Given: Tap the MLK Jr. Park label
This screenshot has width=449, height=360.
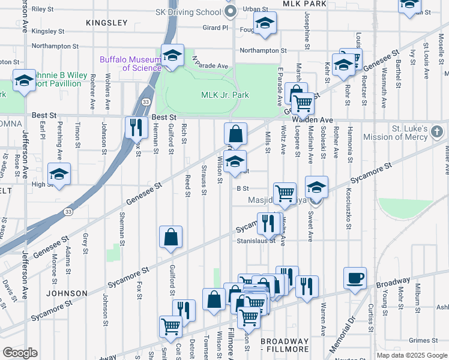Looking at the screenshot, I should click(224, 95).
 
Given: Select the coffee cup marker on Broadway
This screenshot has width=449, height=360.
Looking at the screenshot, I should click(355, 278).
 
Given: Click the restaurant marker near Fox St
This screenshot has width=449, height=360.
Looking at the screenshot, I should click(136, 127).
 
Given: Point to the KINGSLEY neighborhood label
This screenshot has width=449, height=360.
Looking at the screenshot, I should click(107, 23).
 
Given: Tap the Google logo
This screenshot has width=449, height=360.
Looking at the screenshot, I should click(20, 352).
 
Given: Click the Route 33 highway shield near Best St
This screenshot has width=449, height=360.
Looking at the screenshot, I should click(146, 102).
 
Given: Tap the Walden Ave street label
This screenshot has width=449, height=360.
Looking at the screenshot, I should click(312, 120).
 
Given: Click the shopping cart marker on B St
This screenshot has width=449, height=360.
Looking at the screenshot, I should click(285, 193).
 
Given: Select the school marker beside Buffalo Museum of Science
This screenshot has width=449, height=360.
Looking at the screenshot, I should click(172, 56).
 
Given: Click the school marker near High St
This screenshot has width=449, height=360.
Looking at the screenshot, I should click(59, 174).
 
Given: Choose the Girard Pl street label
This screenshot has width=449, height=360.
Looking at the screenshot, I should click(216, 28).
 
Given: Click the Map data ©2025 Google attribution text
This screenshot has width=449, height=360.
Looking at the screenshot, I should click(412, 355).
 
